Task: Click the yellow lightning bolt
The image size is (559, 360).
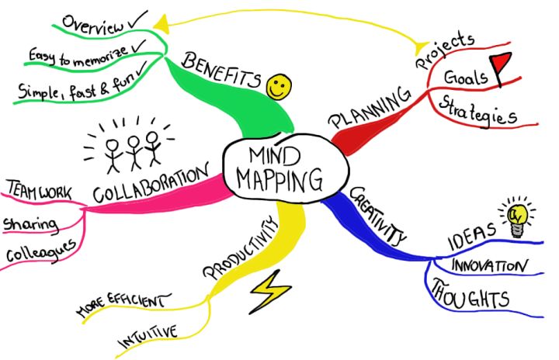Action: coord(268,292)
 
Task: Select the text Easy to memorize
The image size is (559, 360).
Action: coord(78,56)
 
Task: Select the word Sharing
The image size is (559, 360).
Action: coord(31,225)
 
